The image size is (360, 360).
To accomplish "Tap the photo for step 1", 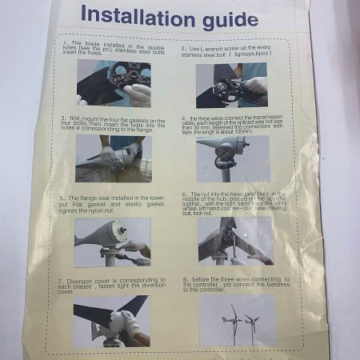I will coord(114,83).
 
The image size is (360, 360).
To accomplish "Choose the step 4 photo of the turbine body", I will coord(231,158).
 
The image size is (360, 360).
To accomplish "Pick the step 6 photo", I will coord(233,240).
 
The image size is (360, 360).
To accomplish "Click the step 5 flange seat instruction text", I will coord(104,205).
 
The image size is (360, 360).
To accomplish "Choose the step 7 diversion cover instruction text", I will coord(104,285).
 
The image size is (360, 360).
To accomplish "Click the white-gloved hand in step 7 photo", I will coord(124,322).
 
